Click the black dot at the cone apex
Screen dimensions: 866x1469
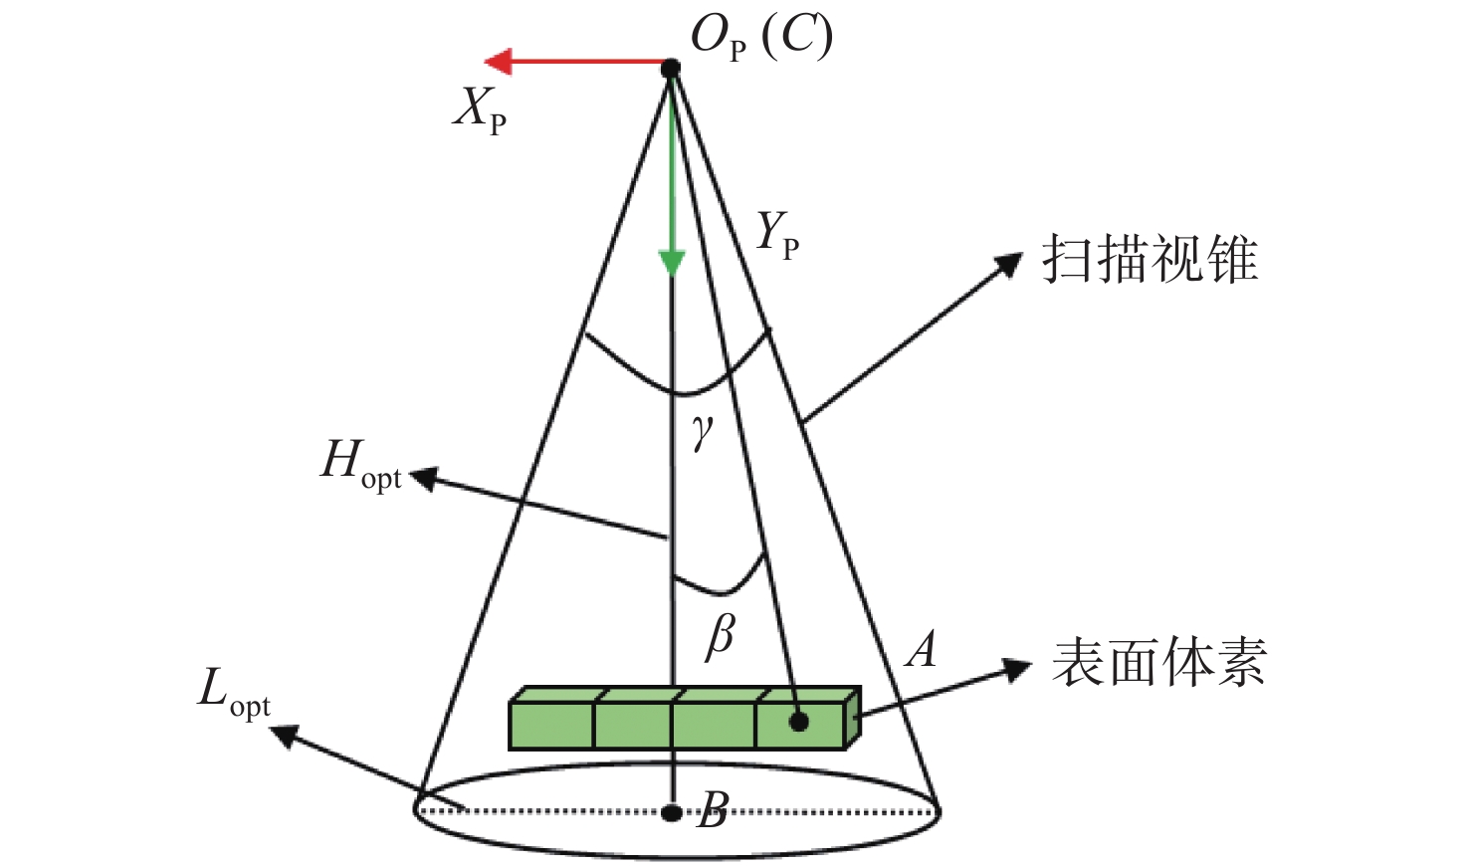671,68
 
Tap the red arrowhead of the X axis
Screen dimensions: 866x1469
499,62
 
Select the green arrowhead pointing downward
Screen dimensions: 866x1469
672,263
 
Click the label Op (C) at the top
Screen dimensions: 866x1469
761,38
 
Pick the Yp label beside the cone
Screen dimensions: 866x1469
777,235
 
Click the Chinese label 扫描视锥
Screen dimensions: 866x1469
1150,260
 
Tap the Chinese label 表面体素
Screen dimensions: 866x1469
1158,662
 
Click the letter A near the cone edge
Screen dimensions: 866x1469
923,650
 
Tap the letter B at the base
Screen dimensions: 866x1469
714,810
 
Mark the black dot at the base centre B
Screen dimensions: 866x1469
672,812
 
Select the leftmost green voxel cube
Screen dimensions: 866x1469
552,725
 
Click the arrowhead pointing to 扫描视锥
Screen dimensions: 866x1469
1009,265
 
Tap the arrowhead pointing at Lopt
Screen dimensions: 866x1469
285,735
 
